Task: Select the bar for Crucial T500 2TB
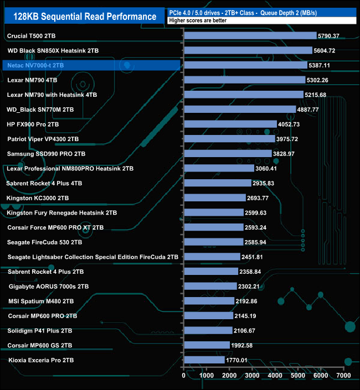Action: click(x=250, y=36)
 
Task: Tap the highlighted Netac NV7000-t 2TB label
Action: click(x=36, y=65)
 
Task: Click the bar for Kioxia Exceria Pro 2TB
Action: click(x=204, y=360)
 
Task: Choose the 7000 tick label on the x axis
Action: click(x=343, y=375)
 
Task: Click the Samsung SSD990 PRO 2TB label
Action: click(x=46, y=154)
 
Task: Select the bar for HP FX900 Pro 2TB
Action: click(x=230, y=124)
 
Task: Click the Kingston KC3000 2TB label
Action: click(x=38, y=197)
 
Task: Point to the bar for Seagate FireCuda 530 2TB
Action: click(x=213, y=242)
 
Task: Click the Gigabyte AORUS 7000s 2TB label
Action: click(x=49, y=286)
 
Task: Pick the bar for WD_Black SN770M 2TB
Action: click(x=240, y=110)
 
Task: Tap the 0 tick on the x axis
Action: click(x=184, y=375)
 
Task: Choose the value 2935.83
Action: click(x=265, y=183)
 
